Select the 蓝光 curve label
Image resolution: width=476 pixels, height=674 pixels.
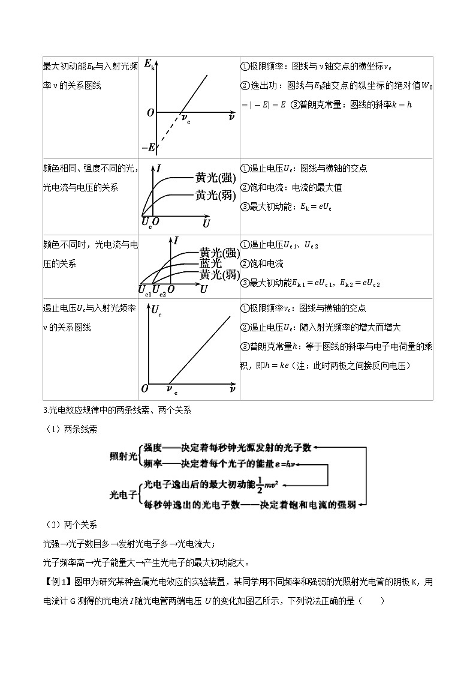210,263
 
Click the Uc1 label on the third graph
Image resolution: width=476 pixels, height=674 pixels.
144,290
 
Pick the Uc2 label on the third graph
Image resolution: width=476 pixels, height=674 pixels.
159,290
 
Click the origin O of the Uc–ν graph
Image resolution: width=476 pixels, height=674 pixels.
144,390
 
